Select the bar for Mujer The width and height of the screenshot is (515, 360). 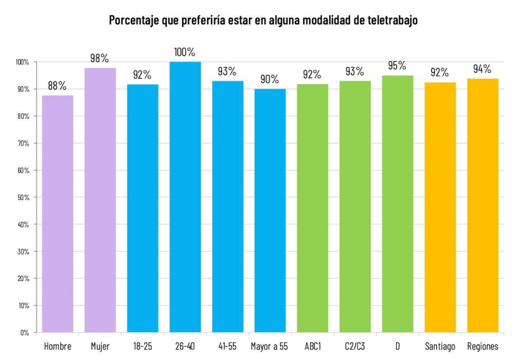pyautogui.click(x=100, y=200)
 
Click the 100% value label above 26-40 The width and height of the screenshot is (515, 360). pyautogui.click(x=185, y=52)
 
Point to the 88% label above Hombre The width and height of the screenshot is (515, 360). pyautogui.click(x=57, y=86)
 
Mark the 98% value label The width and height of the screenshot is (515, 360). pyautogui.click(x=99, y=58)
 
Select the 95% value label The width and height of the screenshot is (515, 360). pyautogui.click(x=397, y=66)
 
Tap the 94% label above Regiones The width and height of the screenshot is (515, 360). pyautogui.click(x=482, y=69)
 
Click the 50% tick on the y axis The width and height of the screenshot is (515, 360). pyautogui.click(x=23, y=197)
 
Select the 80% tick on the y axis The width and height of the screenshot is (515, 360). pyautogui.click(x=23, y=116)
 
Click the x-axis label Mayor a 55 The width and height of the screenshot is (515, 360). pyautogui.click(x=270, y=346)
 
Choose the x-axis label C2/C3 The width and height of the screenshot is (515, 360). pyautogui.click(x=355, y=346)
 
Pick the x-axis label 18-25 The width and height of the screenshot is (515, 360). pyautogui.click(x=142, y=346)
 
